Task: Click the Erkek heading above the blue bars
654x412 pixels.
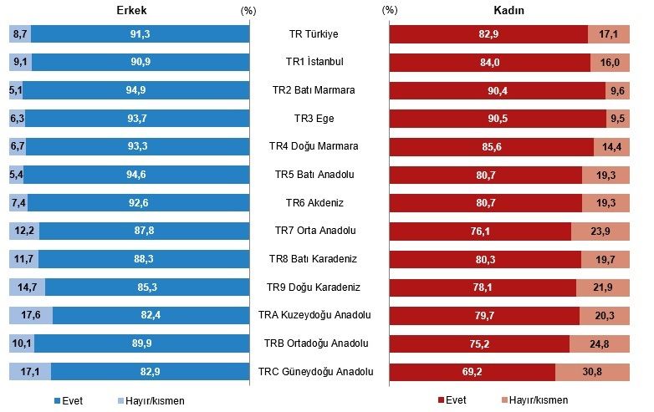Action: (x=131, y=10)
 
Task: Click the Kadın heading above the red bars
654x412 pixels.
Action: (x=508, y=10)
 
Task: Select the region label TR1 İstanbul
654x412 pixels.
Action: (x=314, y=62)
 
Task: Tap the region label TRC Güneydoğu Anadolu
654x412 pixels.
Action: (x=316, y=372)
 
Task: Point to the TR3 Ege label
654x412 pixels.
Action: (x=314, y=119)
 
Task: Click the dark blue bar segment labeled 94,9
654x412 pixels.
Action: (x=136, y=90)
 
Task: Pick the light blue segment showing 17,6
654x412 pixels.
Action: (x=31, y=315)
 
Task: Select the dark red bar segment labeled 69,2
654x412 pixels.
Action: (x=473, y=372)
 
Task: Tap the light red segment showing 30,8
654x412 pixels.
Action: (x=592, y=372)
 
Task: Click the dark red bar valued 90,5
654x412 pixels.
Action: (x=498, y=119)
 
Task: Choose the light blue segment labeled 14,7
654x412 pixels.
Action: (x=27, y=287)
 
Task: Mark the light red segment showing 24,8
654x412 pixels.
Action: (x=600, y=344)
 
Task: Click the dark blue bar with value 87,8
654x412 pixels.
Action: (x=145, y=231)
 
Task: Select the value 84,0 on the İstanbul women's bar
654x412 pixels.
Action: (x=490, y=63)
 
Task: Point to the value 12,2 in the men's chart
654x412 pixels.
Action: (x=24, y=231)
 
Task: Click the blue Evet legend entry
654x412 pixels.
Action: (x=69, y=401)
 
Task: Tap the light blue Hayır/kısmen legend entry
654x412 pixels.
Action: (x=151, y=401)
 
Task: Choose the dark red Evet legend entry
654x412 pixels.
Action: (x=452, y=400)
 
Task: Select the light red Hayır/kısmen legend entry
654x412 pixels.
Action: (x=534, y=400)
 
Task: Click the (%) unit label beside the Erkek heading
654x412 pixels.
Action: (x=248, y=11)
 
